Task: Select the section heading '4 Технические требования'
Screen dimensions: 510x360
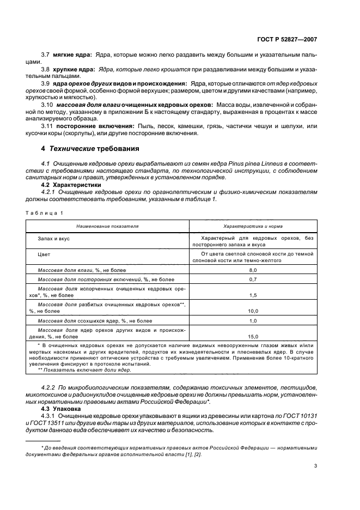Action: tap(89, 148)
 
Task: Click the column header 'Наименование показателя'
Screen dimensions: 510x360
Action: tap(107, 224)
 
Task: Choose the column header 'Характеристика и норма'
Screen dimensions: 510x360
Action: tap(253, 224)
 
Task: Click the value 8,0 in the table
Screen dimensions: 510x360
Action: tap(253, 270)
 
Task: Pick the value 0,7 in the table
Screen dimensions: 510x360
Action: tap(253, 280)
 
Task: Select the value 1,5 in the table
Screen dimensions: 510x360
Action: tap(253, 295)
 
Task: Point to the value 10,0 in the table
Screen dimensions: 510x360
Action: tap(253, 311)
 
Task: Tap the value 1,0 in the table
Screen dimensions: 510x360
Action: tap(253, 321)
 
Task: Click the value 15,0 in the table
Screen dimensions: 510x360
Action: tap(253, 336)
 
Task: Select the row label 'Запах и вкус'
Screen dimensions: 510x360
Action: tap(53, 239)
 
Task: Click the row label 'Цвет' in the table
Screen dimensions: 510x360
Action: tap(44, 254)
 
